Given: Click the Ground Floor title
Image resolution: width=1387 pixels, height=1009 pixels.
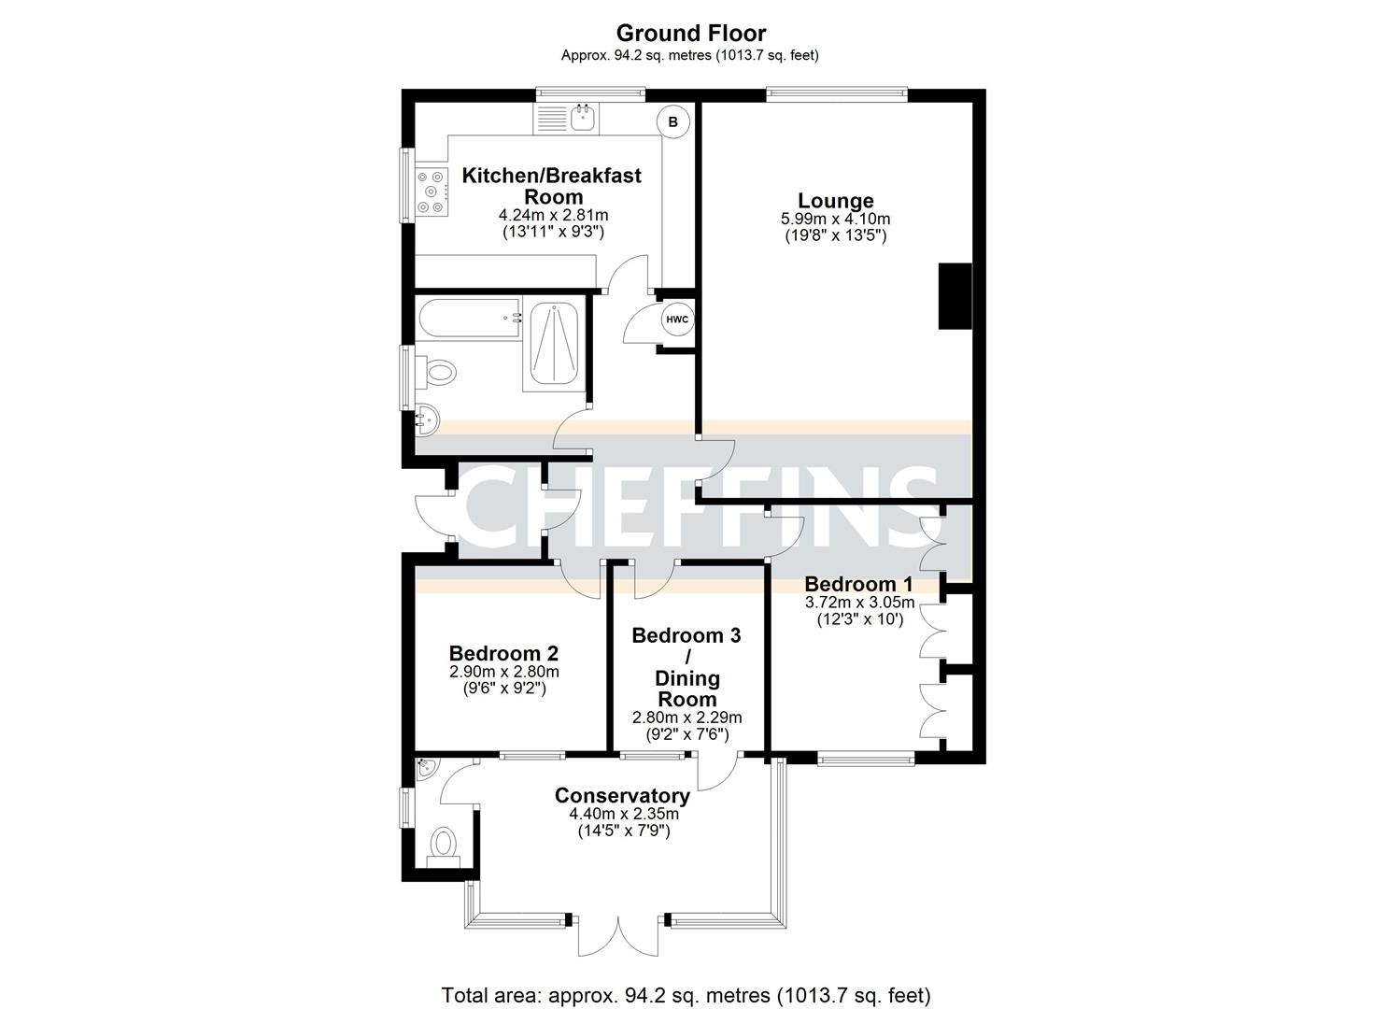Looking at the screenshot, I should [x=690, y=34].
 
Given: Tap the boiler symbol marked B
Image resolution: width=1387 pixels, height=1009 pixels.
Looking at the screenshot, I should [x=672, y=121].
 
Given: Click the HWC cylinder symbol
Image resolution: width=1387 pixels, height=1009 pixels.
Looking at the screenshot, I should [x=676, y=320].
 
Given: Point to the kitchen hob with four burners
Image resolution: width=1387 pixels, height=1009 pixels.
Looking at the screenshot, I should [x=432, y=191].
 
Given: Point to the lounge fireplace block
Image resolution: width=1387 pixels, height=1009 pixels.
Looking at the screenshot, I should [x=955, y=295].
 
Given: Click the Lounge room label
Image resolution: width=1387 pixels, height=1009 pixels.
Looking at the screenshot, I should [x=835, y=200].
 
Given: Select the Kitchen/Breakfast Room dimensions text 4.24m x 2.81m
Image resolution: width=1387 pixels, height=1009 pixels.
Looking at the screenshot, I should [x=553, y=215].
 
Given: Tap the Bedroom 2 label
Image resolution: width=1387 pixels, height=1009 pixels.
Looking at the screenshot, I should [x=503, y=653].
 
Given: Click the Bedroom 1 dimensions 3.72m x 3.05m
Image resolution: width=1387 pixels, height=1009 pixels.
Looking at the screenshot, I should [x=859, y=603].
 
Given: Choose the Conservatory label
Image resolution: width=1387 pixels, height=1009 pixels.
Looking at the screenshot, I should [x=622, y=796].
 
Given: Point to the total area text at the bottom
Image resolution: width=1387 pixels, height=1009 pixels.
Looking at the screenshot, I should [x=686, y=994].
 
